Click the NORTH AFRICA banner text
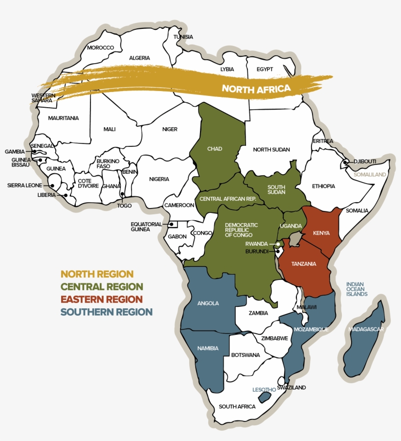coord(256,89)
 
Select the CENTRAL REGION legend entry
coord(102,287)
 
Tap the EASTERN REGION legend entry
coord(102,299)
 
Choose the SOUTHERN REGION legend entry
coord(106,312)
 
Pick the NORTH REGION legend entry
coord(97,274)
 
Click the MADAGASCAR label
coord(366,329)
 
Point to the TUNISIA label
coord(183,37)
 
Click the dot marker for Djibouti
coord(345,162)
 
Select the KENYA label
coord(321,233)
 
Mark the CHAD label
coord(215,149)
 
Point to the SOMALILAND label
coord(370,174)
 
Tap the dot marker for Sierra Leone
coord(52,186)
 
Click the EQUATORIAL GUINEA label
coord(146,226)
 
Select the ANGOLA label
coord(208,303)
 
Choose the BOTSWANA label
coord(245,355)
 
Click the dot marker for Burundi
coord(277,252)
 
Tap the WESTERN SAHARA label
coord(42,98)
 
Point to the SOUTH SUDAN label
coord(276,189)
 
